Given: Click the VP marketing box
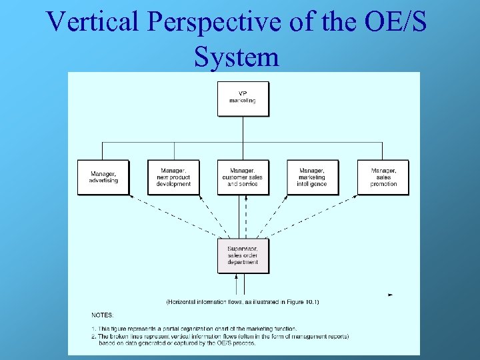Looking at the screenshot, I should tap(243, 99).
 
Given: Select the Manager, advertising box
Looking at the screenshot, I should tap(103, 177).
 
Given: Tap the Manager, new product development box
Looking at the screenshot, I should tap(173, 177).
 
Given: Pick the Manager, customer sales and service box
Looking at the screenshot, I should tap(243, 177).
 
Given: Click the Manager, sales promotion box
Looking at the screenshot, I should tap(383, 177).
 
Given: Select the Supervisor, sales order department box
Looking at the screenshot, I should tap(243, 255).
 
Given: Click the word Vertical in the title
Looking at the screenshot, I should tap(93, 23).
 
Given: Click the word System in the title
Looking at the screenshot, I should tap(237, 57).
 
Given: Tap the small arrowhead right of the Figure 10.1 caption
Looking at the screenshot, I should tap(390, 295).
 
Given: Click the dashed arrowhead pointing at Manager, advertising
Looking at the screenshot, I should tap(131, 197).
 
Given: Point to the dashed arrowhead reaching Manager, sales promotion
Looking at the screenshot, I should tap(356, 197).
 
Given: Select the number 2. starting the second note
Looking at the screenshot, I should tap(93, 337).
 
